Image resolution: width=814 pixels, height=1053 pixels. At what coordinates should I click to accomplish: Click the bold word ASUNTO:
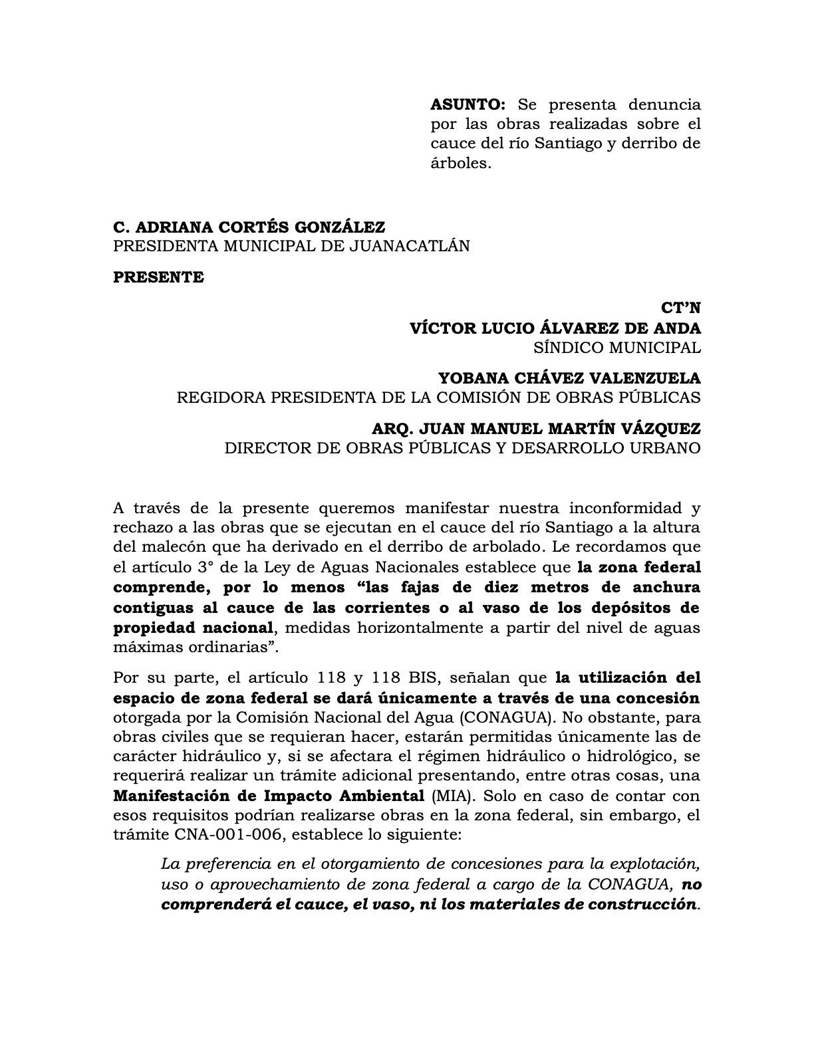[x=468, y=104]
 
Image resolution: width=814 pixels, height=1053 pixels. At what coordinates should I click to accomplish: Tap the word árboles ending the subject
[x=460, y=163]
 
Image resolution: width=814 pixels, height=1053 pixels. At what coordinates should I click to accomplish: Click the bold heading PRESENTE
[x=158, y=277]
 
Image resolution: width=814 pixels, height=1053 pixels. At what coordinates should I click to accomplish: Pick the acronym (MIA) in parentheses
[x=454, y=796]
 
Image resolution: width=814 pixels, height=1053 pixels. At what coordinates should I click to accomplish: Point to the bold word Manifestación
[x=175, y=796]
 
